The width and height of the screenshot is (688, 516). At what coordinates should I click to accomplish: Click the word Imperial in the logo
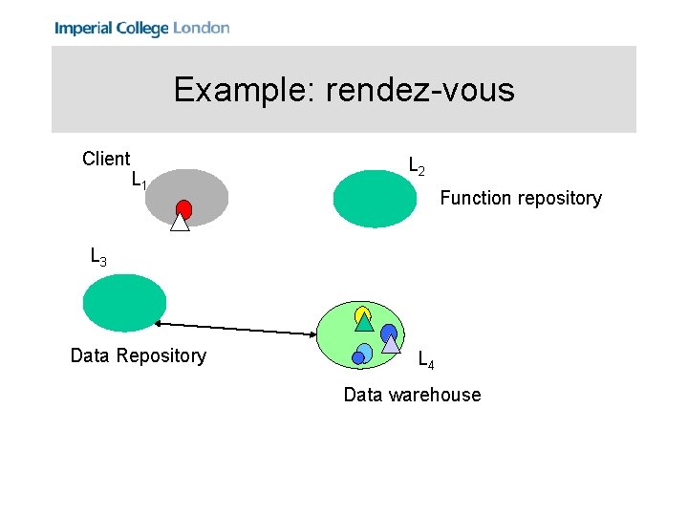[83, 28]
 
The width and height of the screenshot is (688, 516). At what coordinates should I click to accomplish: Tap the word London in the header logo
[201, 28]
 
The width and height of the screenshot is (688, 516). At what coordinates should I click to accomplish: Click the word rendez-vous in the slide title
[419, 90]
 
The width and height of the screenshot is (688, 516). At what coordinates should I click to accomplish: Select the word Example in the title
[244, 90]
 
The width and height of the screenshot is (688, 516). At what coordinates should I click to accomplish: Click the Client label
[106, 159]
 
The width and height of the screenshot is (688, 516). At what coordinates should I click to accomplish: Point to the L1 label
[139, 180]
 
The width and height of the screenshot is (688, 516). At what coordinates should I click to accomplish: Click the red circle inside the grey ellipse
[183, 208]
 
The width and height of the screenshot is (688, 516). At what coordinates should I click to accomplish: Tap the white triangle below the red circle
[180, 224]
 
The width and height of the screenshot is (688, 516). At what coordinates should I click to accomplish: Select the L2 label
[417, 166]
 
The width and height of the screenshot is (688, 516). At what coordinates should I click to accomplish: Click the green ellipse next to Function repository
[376, 199]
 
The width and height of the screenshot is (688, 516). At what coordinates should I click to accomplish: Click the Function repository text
[520, 198]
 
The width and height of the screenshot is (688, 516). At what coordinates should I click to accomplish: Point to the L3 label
[97, 257]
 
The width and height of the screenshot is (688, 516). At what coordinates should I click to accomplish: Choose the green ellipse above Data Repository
[124, 303]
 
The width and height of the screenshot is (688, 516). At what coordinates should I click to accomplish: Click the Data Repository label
[138, 355]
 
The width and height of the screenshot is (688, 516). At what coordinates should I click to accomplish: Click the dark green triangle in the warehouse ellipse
[363, 322]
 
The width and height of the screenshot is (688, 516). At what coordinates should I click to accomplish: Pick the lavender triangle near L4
[390, 344]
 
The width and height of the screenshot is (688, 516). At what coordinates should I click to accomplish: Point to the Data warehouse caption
[412, 395]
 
